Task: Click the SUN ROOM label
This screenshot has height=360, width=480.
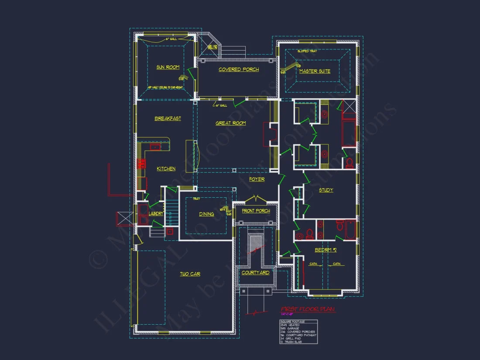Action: [x=168, y=67]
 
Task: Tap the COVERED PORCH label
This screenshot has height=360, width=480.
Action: [x=239, y=69]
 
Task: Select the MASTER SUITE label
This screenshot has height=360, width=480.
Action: [x=315, y=71]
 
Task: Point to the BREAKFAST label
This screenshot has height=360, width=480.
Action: [x=168, y=118]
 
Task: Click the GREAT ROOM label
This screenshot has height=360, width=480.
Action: [x=230, y=123]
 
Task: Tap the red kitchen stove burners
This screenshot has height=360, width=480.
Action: [x=142, y=164]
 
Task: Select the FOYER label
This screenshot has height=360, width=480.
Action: [x=257, y=179]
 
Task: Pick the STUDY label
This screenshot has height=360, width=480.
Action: [x=326, y=190]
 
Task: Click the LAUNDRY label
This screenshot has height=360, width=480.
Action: [x=156, y=214]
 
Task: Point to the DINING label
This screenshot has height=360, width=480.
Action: [x=206, y=214]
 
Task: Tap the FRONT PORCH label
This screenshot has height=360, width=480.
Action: [x=256, y=211]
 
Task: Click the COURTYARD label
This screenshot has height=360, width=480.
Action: [x=255, y=273]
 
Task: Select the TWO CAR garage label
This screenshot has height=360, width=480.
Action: [x=190, y=274]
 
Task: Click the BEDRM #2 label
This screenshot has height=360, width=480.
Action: [x=326, y=250]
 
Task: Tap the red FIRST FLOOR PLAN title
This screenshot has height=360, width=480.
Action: [x=308, y=309]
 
